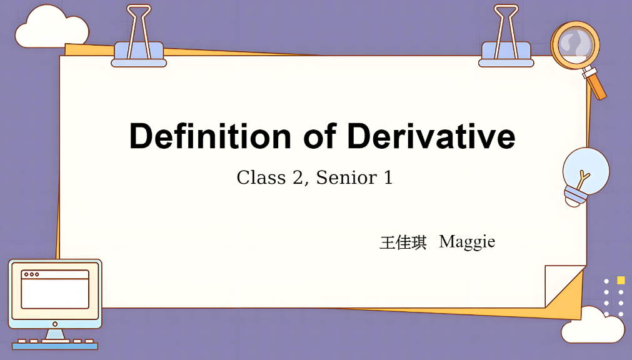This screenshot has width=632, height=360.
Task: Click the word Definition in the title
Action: (x=210, y=136)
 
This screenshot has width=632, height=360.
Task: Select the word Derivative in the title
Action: (x=431, y=136)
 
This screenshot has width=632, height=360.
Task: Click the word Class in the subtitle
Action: (x=261, y=177)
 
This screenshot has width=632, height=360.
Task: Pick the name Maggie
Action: (x=467, y=242)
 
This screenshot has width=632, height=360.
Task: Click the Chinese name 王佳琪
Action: (x=403, y=242)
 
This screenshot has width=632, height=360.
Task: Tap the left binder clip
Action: (x=139, y=36)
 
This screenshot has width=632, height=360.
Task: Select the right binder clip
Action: (x=506, y=36)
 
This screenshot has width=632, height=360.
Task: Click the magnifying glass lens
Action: (x=575, y=44)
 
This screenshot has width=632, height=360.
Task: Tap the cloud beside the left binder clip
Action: (x=51, y=28)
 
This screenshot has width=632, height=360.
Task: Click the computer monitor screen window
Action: (x=55, y=289)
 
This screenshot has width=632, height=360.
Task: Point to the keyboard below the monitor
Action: (x=55, y=344)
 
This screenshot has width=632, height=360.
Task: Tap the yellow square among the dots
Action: (x=621, y=280)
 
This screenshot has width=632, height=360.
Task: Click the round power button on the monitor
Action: (x=55, y=324)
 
